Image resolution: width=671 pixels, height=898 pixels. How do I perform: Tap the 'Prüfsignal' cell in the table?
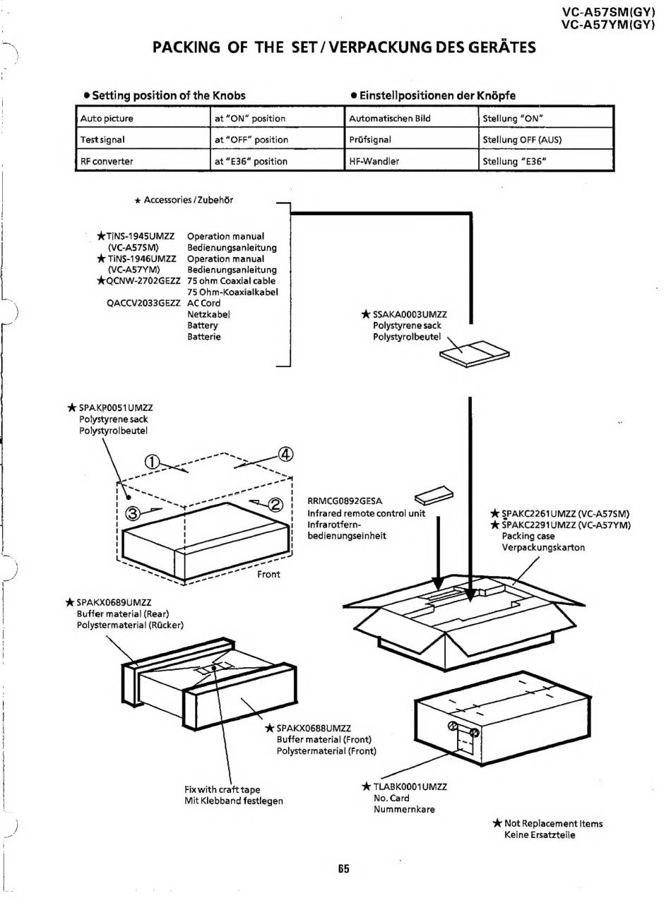click(370, 140)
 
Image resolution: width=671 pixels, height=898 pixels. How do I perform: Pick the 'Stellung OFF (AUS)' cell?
click(522, 140)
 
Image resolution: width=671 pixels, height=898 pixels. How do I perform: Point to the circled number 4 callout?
click(286, 454)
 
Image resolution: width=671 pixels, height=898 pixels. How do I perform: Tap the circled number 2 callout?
click(274, 504)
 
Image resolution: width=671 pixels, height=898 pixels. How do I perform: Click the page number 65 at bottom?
click(343, 868)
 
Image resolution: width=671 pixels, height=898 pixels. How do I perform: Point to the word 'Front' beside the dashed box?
click(268, 575)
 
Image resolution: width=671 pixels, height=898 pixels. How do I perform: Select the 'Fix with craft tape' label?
click(222, 789)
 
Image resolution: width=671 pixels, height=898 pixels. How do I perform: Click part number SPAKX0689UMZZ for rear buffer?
click(114, 603)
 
